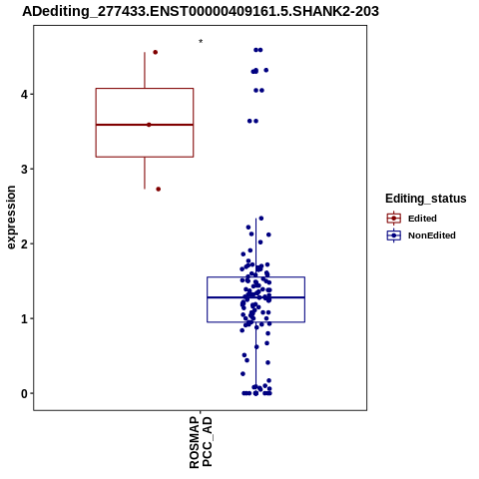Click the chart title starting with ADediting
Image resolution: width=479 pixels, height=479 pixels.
tap(201, 11)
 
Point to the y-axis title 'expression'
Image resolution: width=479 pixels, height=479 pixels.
tap(11, 218)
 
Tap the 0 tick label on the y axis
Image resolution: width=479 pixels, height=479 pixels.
tap(25, 394)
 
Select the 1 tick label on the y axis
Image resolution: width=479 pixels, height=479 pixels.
tap(25, 319)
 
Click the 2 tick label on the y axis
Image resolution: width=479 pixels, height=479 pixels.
tap(25, 244)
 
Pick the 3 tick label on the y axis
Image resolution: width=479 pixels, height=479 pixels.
tap(25, 170)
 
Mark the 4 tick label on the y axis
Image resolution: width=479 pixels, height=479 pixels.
tap(25, 95)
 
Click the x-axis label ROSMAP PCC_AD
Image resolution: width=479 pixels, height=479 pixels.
tap(201, 442)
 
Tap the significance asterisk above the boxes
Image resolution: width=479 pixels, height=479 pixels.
tap(201, 42)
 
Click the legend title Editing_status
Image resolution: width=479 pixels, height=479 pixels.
tap(426, 199)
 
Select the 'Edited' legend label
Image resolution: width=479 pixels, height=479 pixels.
tap(422, 219)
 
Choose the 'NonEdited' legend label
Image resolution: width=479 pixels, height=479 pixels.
tap(432, 236)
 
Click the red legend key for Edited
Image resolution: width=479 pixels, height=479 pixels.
tap(394, 219)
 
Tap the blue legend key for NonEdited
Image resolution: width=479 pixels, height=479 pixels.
tap(394, 236)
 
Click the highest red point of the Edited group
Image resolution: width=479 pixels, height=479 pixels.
tap(155, 52)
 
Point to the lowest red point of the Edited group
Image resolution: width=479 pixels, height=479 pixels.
tap(159, 190)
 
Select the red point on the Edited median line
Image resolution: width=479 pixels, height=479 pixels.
tap(149, 125)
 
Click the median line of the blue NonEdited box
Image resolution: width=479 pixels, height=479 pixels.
tap(255, 297)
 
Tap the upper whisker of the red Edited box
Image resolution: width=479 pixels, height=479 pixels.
tap(145, 70)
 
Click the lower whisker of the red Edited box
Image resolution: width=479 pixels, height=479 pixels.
tap(145, 173)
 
